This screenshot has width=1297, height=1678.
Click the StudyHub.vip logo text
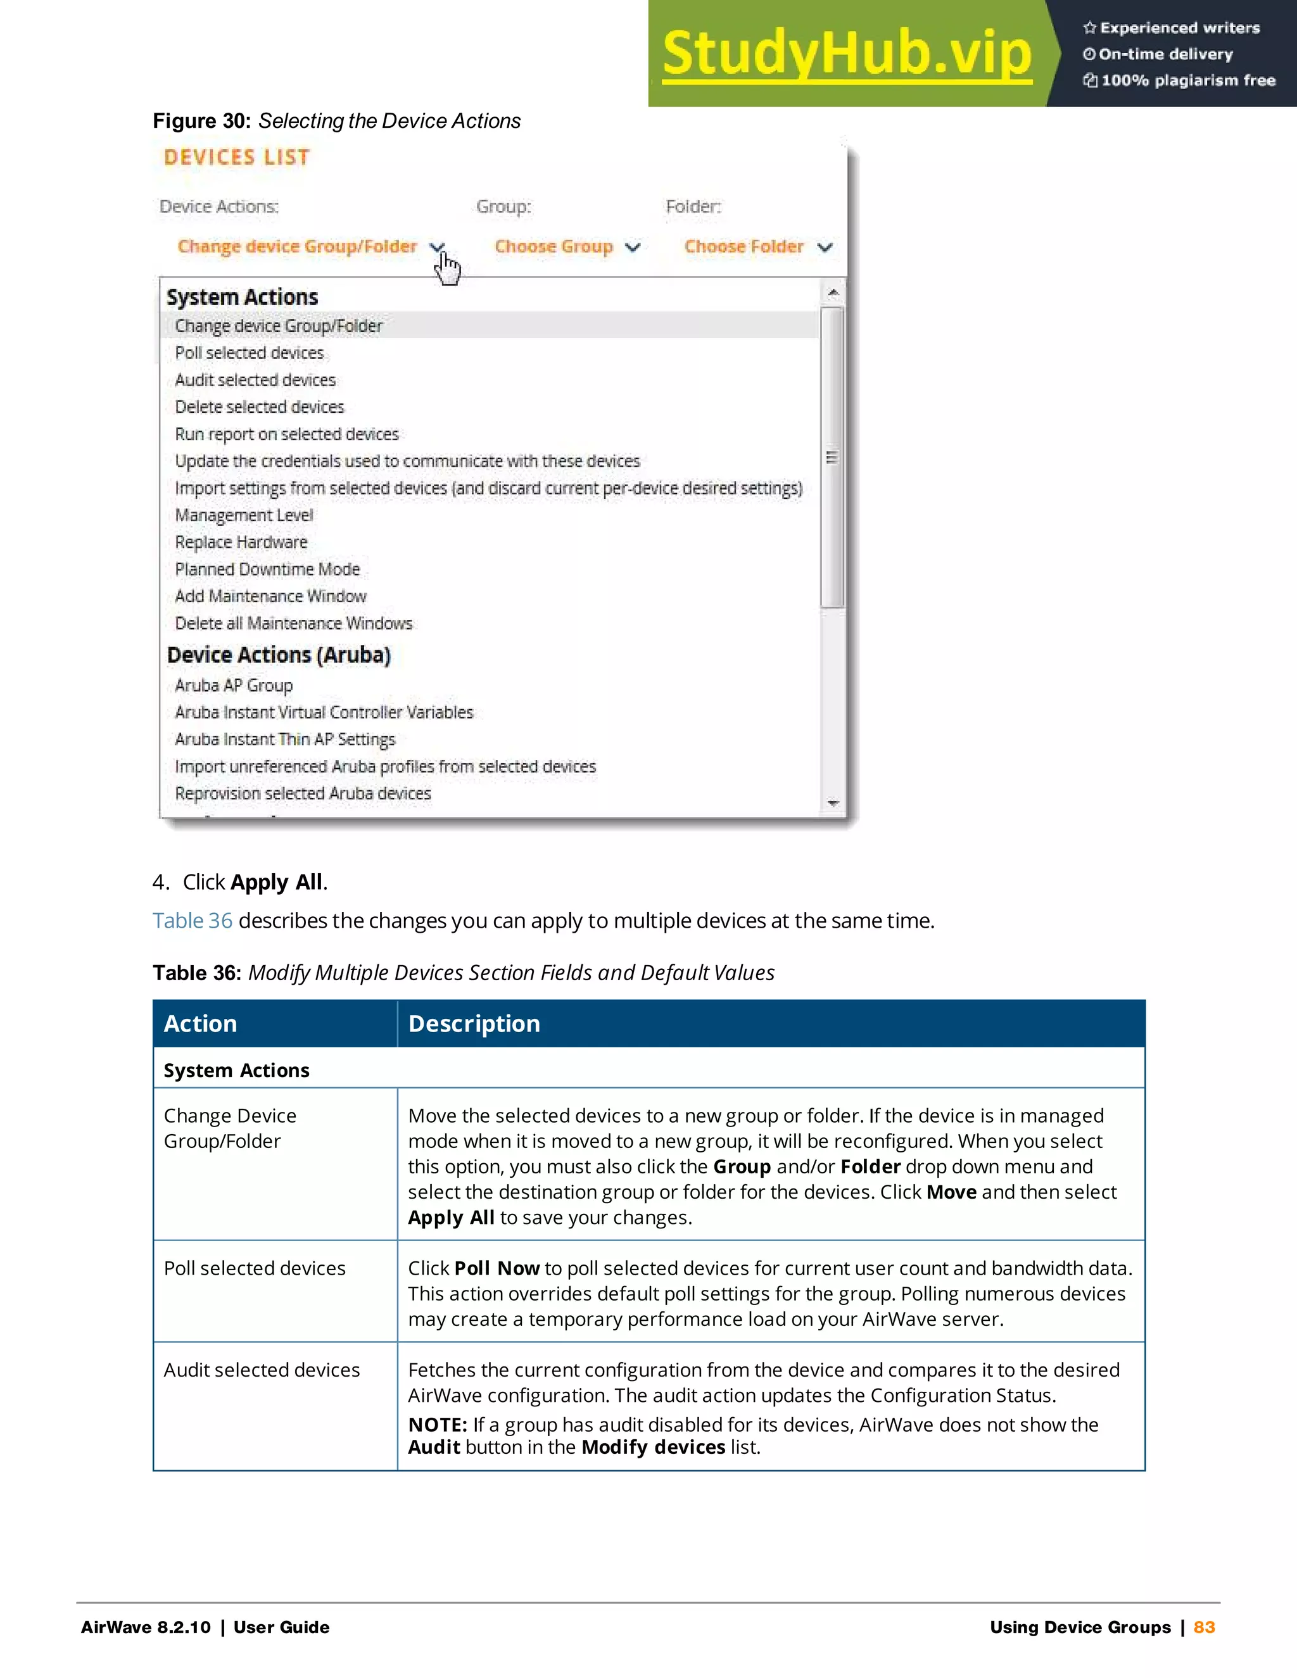(847, 54)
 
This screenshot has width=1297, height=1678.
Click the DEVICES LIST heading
(237, 158)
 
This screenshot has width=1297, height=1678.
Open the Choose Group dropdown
(567, 246)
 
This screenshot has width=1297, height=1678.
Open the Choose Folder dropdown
(757, 246)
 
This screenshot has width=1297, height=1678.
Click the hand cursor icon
(448, 268)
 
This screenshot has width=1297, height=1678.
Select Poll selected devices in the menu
(250, 353)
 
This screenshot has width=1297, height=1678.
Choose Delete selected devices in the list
(260, 407)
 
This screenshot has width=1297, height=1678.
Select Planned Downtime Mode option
(267, 569)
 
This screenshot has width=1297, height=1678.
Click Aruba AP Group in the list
(234, 684)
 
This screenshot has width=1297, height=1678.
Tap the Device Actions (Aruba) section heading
(279, 655)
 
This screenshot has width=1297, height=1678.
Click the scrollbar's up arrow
(833, 293)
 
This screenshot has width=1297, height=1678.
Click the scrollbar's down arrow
(833, 804)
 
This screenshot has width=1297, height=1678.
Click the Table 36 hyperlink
(192, 921)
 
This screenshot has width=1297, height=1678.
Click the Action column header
(201, 1023)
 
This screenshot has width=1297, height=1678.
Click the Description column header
(474, 1023)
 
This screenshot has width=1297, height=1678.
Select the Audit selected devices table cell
(262, 1370)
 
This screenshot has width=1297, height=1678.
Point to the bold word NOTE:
(437, 1425)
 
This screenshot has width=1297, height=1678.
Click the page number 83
(1204, 1627)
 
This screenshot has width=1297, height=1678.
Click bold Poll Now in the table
(497, 1268)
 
